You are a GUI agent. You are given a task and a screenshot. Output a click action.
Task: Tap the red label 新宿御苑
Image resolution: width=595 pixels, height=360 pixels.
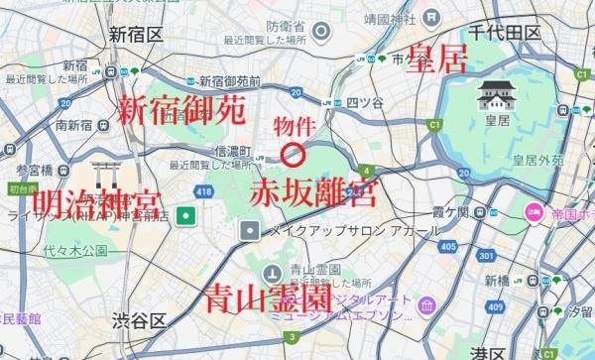(x=181, y=111)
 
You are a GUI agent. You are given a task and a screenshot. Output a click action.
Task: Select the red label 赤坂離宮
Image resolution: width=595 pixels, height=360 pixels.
(x=298, y=191)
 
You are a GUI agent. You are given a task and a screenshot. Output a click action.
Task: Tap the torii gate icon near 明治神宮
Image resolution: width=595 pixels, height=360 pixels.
(x=103, y=174)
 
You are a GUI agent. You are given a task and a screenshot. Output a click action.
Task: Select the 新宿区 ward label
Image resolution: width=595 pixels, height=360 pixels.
(x=137, y=35)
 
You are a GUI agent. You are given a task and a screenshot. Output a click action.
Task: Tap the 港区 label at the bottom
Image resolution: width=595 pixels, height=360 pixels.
(x=486, y=352)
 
